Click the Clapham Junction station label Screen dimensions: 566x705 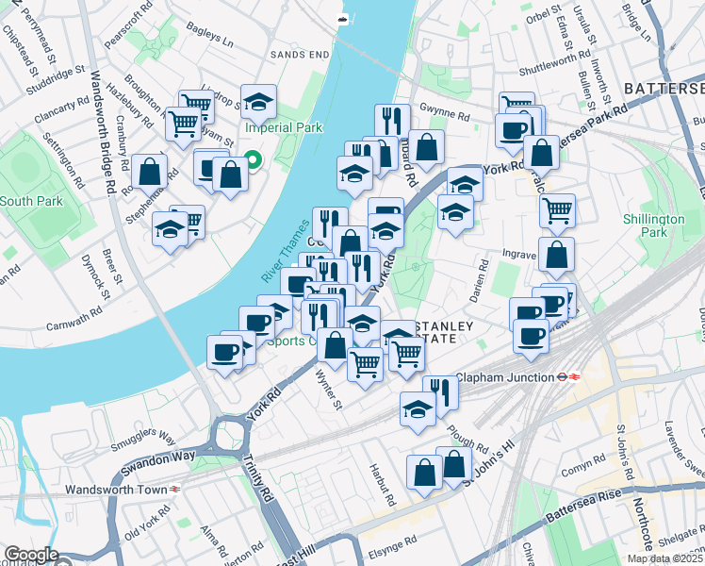[x=504, y=377]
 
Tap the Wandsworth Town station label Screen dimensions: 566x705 [x=112, y=490]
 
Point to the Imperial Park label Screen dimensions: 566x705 [x=283, y=127]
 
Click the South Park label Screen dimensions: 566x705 [x=29, y=201]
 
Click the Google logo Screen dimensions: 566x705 [x=31, y=555]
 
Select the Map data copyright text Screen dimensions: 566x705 [x=664, y=558]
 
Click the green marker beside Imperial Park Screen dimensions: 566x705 [x=253, y=161]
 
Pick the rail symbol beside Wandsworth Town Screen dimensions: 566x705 [x=174, y=490]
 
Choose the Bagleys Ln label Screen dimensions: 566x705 [x=213, y=41]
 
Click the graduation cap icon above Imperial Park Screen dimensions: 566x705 [x=258, y=101]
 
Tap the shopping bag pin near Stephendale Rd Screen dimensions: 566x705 [x=149, y=171]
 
